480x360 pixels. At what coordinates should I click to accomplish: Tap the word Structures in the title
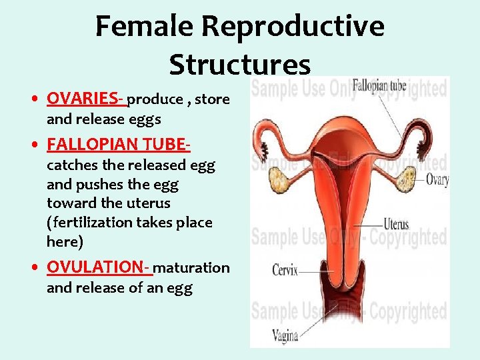pos(239,65)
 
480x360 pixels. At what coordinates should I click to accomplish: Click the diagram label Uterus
pos(396,225)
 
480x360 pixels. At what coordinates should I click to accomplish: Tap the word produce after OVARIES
pos(155,100)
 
